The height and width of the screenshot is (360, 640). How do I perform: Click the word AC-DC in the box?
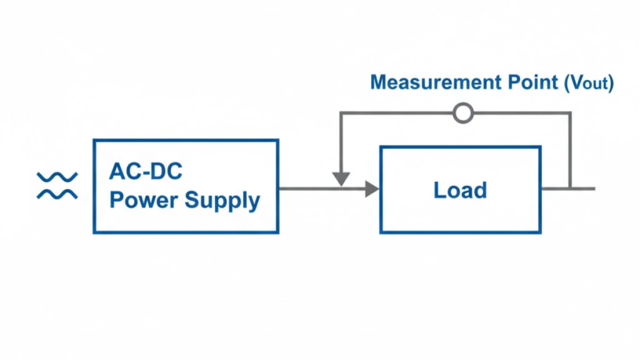coord(146,171)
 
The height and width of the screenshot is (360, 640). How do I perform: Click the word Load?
coord(460,190)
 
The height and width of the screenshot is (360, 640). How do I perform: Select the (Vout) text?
coord(589,83)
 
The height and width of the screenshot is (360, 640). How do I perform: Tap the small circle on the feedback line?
coord(463,113)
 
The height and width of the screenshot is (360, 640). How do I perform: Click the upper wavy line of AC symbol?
coord(57,177)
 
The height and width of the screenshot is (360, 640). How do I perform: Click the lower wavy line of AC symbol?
coord(57,194)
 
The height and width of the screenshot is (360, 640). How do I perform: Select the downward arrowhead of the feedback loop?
coord(341,179)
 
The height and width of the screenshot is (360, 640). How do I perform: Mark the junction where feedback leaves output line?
coord(570,188)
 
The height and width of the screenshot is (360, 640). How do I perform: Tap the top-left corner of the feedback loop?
coord(341,113)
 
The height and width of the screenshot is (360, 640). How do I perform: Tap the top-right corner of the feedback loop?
coord(570,113)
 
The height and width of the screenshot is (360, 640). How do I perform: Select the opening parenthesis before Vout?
coord(567,83)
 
